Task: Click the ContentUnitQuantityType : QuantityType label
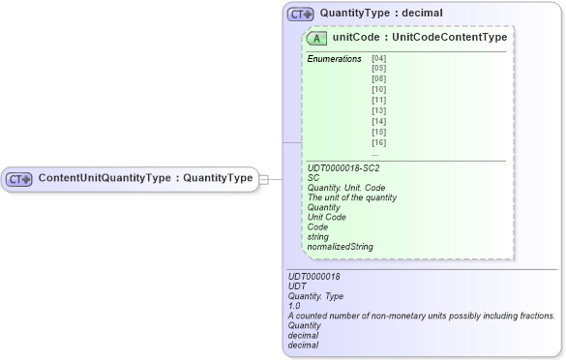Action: (x=145, y=178)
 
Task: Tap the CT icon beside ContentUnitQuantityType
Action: (x=19, y=179)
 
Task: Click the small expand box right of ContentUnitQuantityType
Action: (x=264, y=179)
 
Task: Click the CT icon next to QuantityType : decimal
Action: (x=301, y=15)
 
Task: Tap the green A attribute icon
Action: (x=316, y=38)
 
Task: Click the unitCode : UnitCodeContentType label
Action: (x=420, y=38)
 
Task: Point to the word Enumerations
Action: (x=334, y=59)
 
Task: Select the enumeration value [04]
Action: (x=378, y=59)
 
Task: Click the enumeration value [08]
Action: (x=378, y=80)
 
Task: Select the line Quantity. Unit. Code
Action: (x=345, y=188)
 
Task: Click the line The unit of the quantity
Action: (x=351, y=197)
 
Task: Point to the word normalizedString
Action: (x=340, y=247)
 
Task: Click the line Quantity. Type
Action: (x=315, y=296)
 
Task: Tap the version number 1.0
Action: (x=294, y=306)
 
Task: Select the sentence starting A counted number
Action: (x=421, y=315)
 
